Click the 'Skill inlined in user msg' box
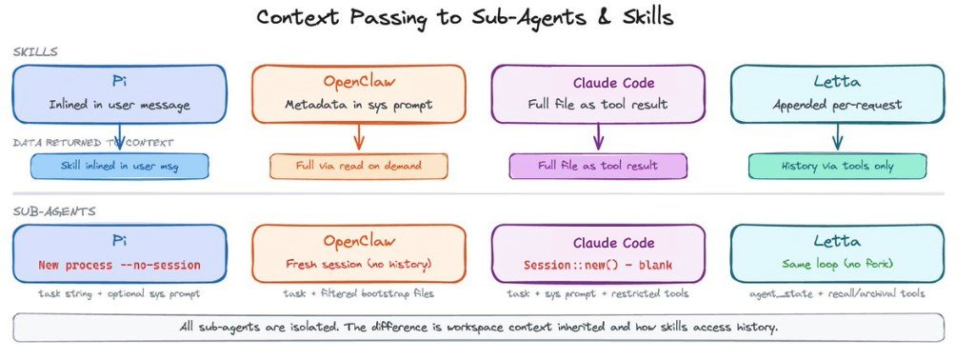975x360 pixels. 118,166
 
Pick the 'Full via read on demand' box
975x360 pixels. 358,166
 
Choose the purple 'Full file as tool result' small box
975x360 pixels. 597,166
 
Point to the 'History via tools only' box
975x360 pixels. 837,166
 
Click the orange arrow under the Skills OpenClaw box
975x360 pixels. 359,138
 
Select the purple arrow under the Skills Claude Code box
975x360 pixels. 598,138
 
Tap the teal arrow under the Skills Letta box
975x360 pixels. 837,138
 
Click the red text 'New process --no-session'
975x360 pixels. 119,264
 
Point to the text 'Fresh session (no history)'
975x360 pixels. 359,264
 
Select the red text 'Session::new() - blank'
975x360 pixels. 598,264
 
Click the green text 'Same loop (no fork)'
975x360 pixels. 837,264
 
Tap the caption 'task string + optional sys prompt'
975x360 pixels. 119,294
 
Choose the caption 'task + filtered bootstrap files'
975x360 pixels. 359,294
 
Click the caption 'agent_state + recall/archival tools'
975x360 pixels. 837,294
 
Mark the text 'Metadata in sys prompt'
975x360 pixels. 359,104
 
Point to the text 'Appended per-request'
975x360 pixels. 837,104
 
